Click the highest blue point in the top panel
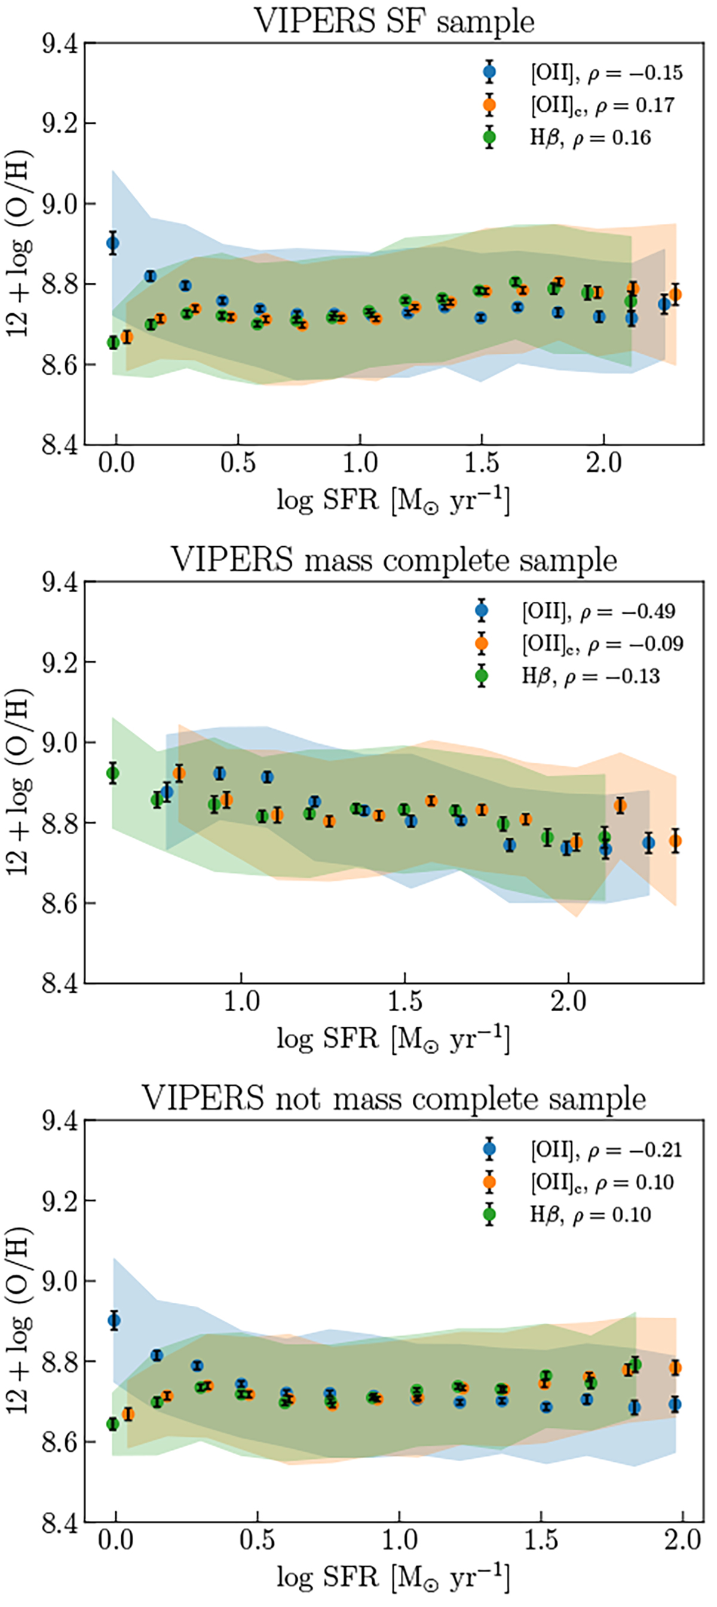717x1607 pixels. [113, 243]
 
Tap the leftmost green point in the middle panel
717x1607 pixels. [113, 773]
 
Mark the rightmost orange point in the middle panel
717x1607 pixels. [675, 841]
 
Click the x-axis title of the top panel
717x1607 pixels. [393, 501]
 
